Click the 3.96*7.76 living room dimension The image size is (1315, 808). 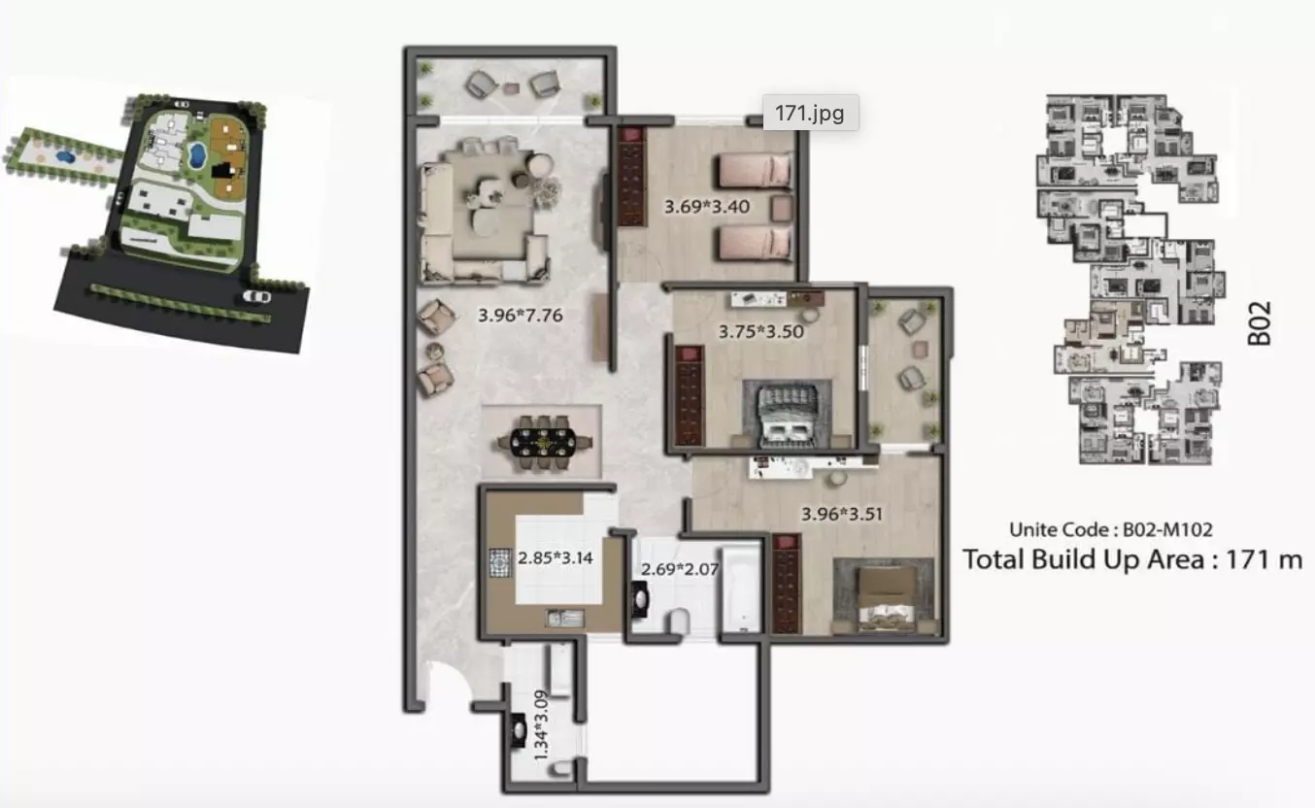521,316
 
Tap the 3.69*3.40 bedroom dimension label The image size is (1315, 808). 707,207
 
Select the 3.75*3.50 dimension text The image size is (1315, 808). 760,332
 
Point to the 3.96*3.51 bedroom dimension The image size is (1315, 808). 842,515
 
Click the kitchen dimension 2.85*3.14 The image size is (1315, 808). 556,557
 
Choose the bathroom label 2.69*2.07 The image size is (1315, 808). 680,569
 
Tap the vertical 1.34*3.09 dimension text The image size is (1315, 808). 541,725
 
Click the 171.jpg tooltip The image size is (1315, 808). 810,113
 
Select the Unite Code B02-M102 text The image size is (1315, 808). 1111,529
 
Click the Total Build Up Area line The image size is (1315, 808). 1132,559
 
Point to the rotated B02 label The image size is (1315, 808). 1260,323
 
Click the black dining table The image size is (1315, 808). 544,442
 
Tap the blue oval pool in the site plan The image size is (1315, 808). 196,154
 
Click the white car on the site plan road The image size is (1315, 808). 257,296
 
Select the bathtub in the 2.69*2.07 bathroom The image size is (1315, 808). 741,589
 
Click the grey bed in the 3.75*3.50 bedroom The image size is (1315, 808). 787,415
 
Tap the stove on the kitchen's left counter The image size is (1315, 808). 499,562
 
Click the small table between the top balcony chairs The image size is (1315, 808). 511,88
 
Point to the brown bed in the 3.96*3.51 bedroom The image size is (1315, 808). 887,598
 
